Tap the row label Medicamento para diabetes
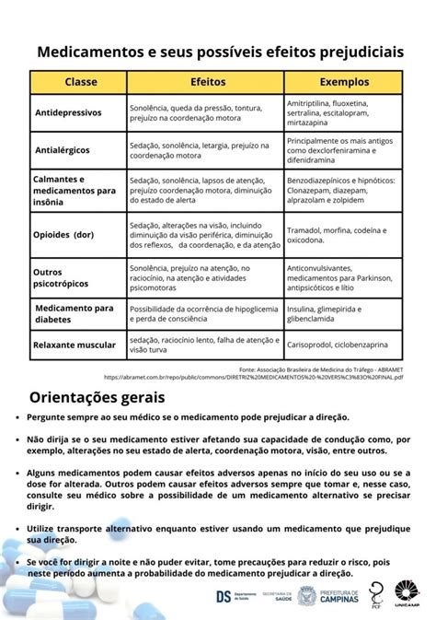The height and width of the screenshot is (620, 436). tap(73, 313)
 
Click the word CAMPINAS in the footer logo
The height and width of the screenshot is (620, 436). tap(340, 599)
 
